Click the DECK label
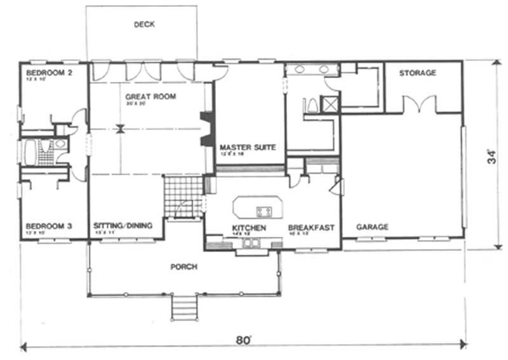pos(144,25)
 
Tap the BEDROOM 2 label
pos(49,73)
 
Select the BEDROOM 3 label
pos(49,226)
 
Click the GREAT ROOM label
pos(150,97)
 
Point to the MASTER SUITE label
pos(248,147)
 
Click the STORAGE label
pos(417,73)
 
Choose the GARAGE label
pos(372,227)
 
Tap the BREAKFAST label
pos(311,227)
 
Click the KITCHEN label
pos(248,227)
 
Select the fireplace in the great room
pos(206,130)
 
